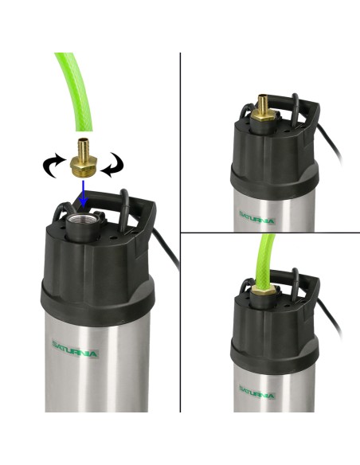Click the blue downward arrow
click(x=84, y=193)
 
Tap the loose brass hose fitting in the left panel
click(x=83, y=158)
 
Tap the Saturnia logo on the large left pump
click(x=74, y=349)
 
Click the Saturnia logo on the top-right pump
click(x=256, y=217)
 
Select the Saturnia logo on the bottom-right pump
click(x=256, y=392)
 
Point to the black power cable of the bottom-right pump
click(x=330, y=318)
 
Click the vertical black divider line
click(x=180, y=232)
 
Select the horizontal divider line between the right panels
click(x=270, y=232)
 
